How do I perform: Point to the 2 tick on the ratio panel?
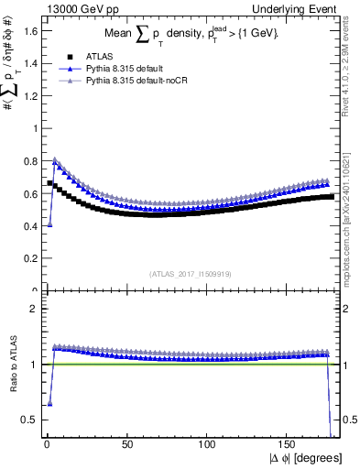(34, 309)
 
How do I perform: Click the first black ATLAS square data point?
(49, 183)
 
